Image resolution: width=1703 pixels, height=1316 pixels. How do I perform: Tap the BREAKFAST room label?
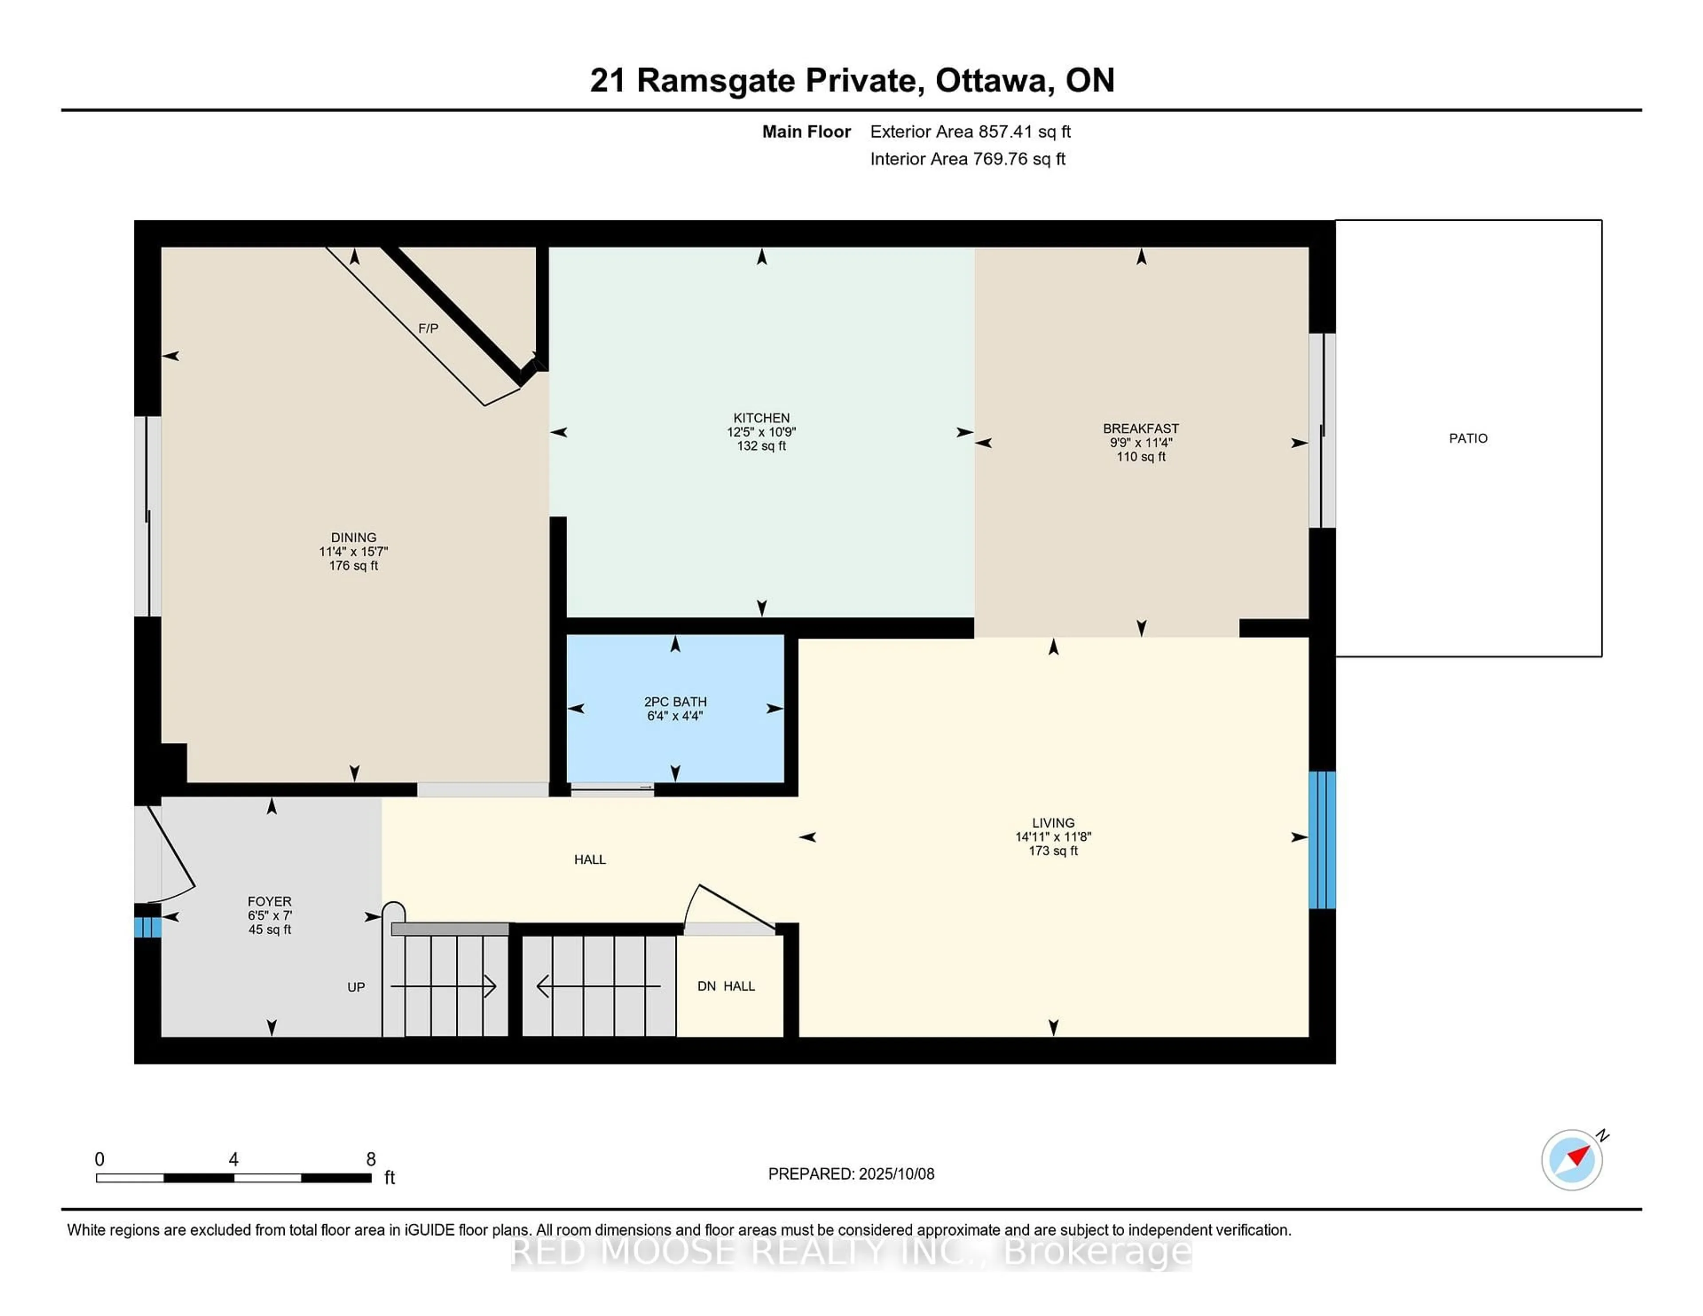pyautogui.click(x=1141, y=429)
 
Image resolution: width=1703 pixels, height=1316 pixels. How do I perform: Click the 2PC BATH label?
pyautogui.click(x=675, y=701)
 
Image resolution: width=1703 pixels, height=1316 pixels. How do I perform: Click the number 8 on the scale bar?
pyautogui.click(x=371, y=1159)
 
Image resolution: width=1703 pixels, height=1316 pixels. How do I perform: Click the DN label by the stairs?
pyautogui.click(x=706, y=986)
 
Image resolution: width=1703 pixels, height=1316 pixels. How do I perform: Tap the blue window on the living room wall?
pyautogui.click(x=1322, y=840)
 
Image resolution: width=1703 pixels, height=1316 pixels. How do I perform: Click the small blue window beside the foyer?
pyautogui.click(x=147, y=927)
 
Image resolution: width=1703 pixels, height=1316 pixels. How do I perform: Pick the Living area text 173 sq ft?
pyautogui.click(x=1053, y=850)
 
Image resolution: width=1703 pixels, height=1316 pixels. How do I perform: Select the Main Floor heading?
pyautogui.click(x=806, y=132)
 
